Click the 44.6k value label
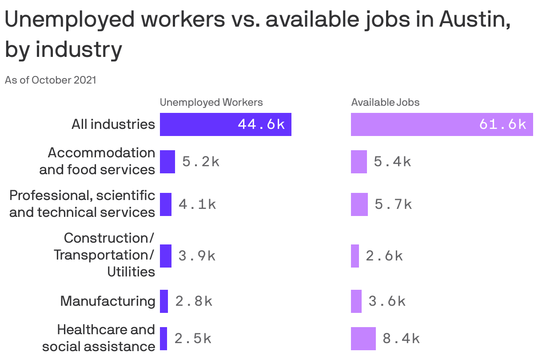pyautogui.click(x=261, y=124)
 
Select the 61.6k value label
pyautogui.click(x=502, y=124)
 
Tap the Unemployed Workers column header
pyautogui.click(x=211, y=102)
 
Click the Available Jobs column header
pyautogui.click(x=385, y=102)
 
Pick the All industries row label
pyautogui.click(x=113, y=124)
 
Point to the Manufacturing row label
pyautogui.click(x=108, y=301)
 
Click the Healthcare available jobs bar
pyautogui.click(x=363, y=339)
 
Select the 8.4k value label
pyautogui.click(x=401, y=339)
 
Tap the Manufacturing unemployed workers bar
pyautogui.click(x=164, y=301)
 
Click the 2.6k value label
pyautogui.click(x=384, y=256)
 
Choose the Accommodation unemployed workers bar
pyautogui.click(x=167, y=162)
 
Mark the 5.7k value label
pyautogui.click(x=393, y=204)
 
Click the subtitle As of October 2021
pyautogui.click(x=50, y=80)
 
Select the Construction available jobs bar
pyautogui.click(x=355, y=256)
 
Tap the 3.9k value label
pyautogui.click(x=197, y=256)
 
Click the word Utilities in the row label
pyautogui.click(x=131, y=272)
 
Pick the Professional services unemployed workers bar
pyautogui.click(x=166, y=204)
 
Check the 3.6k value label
pyautogui.click(x=387, y=301)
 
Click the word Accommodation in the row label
pyautogui.click(x=101, y=153)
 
